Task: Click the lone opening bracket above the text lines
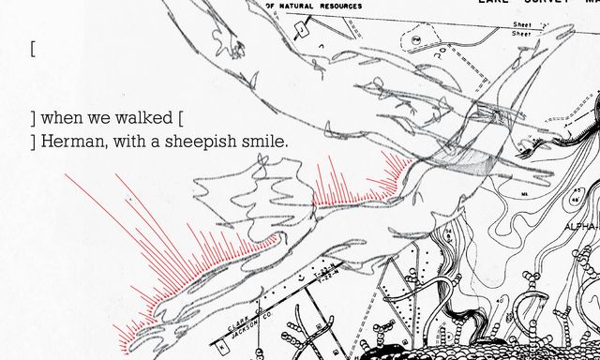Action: coord(33,49)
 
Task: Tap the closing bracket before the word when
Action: coord(33,119)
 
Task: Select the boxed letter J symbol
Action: coord(303,31)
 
